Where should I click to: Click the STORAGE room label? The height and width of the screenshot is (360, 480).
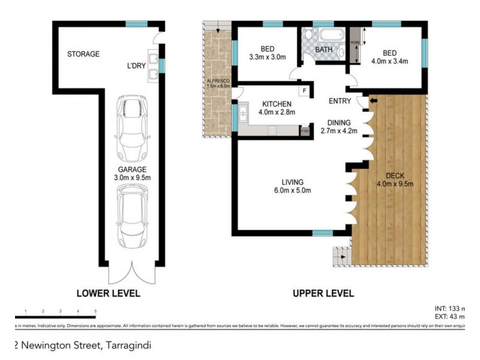83,54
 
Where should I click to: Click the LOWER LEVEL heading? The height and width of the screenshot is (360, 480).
108,293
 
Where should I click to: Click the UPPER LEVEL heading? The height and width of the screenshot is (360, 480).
323,293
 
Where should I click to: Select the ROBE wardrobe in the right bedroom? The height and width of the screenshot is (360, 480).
354,46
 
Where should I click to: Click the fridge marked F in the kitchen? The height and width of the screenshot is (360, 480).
305,91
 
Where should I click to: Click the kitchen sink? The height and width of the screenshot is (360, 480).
243,112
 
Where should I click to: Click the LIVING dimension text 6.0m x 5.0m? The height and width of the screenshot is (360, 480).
293,191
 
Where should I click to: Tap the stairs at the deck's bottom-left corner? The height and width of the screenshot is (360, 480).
340,257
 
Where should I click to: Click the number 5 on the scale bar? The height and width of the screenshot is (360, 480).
95,311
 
